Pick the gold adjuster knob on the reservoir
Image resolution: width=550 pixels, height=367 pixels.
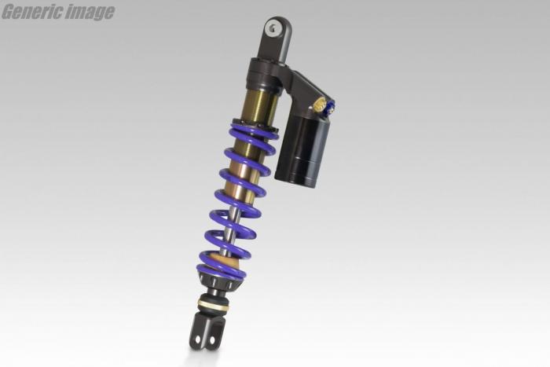(x=319, y=105)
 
